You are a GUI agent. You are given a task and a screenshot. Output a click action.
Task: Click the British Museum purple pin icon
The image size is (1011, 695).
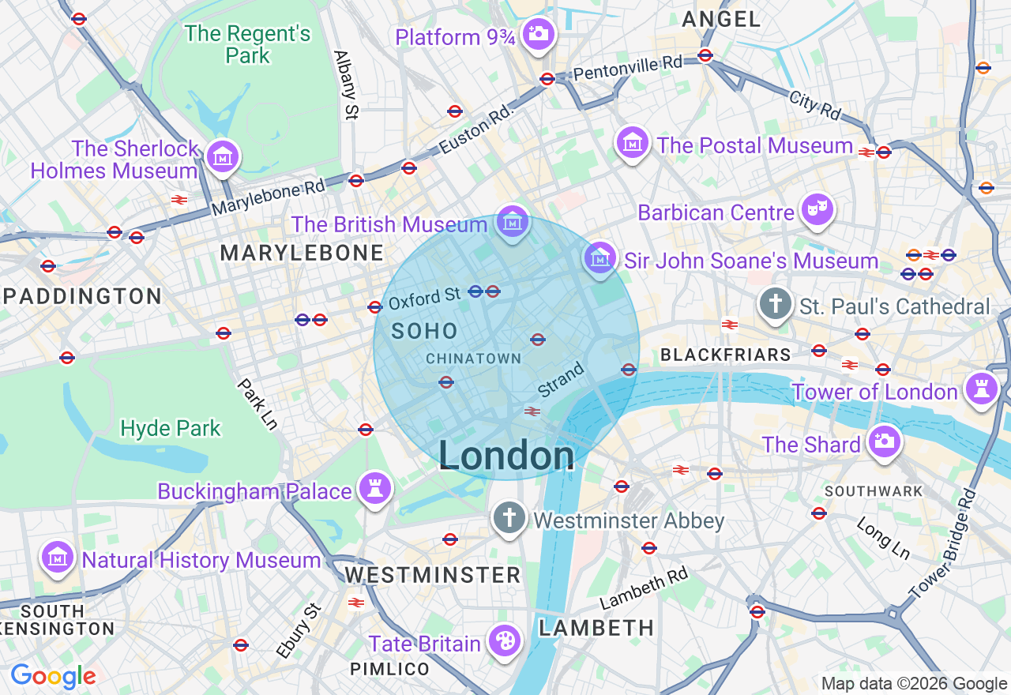point(513,223)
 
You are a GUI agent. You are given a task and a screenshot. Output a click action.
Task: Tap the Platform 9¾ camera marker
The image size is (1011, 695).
point(539,34)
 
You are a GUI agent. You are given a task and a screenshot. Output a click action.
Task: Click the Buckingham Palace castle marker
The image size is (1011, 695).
point(375,489)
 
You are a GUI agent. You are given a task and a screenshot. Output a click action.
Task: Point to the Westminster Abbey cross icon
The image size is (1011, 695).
point(509,518)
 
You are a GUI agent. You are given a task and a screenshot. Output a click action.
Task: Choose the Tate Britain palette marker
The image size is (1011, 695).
point(503,641)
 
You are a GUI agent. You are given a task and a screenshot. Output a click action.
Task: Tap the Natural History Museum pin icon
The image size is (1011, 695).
point(57,558)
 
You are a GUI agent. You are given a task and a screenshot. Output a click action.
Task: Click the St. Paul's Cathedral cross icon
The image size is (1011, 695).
point(776,304)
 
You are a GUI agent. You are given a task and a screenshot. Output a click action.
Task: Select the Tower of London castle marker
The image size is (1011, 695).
point(982,389)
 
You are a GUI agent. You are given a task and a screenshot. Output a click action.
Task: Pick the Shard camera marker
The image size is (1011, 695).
point(883,442)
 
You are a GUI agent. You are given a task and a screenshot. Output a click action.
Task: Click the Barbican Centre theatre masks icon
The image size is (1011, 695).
point(817,210)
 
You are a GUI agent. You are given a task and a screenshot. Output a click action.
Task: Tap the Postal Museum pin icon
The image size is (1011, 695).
point(633,143)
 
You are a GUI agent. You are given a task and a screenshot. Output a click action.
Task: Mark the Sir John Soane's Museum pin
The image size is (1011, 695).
point(599,257)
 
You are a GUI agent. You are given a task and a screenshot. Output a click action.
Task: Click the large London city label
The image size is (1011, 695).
point(506,456)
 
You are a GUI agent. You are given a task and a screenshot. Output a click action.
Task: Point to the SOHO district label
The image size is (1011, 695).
point(425,332)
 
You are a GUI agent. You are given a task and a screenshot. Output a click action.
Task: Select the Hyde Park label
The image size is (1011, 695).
point(171,429)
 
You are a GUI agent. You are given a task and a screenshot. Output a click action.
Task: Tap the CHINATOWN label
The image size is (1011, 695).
point(473,359)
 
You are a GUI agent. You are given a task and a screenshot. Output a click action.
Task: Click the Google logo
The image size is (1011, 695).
point(53,677)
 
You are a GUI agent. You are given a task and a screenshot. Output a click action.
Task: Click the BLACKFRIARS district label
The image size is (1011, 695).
point(725,355)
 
